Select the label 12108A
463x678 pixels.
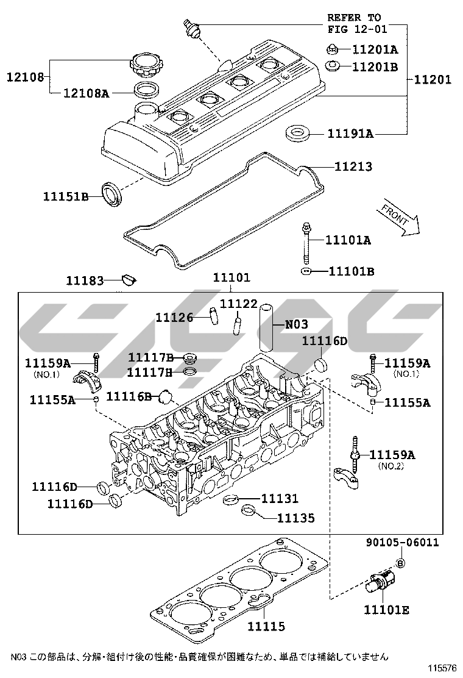87,93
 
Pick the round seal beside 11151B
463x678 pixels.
111,193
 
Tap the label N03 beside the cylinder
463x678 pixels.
297,324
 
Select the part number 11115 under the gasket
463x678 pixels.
266,626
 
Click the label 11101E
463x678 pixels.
386,610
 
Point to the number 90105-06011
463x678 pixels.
402,543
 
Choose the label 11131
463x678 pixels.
280,499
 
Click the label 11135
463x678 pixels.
296,518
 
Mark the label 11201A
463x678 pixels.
375,49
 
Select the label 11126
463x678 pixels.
174,317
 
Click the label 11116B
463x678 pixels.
129,396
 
